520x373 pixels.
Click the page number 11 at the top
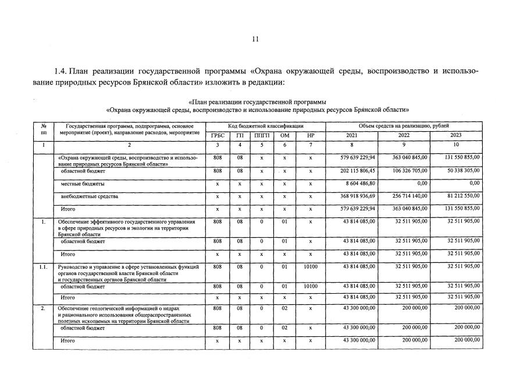(255, 39)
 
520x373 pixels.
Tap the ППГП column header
(262, 135)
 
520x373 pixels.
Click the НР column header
(311, 135)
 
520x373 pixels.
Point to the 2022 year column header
(404, 135)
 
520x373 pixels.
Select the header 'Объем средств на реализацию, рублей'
(404, 126)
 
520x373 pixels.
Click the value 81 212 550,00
(458, 196)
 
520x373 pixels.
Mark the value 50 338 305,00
(458, 171)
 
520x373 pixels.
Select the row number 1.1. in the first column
(42, 267)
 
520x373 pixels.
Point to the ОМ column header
(285, 135)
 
